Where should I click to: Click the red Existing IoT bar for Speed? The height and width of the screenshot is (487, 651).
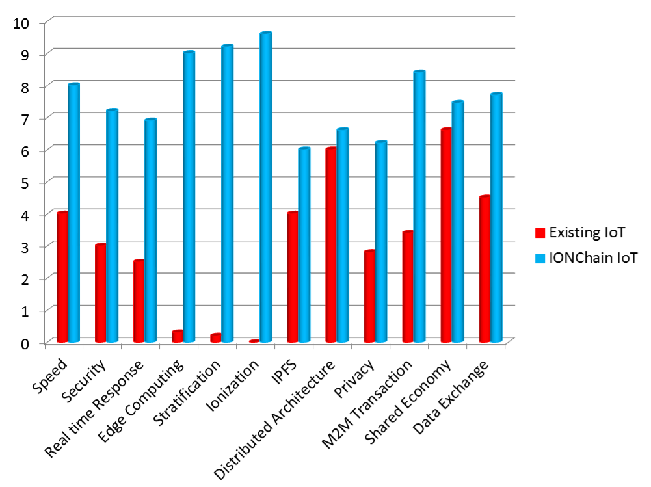62,277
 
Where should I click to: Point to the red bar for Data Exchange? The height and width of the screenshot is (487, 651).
485,269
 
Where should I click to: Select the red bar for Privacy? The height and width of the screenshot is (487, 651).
369,296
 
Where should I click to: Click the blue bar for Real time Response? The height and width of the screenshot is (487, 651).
150,231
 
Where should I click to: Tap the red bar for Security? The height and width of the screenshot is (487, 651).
101,293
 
